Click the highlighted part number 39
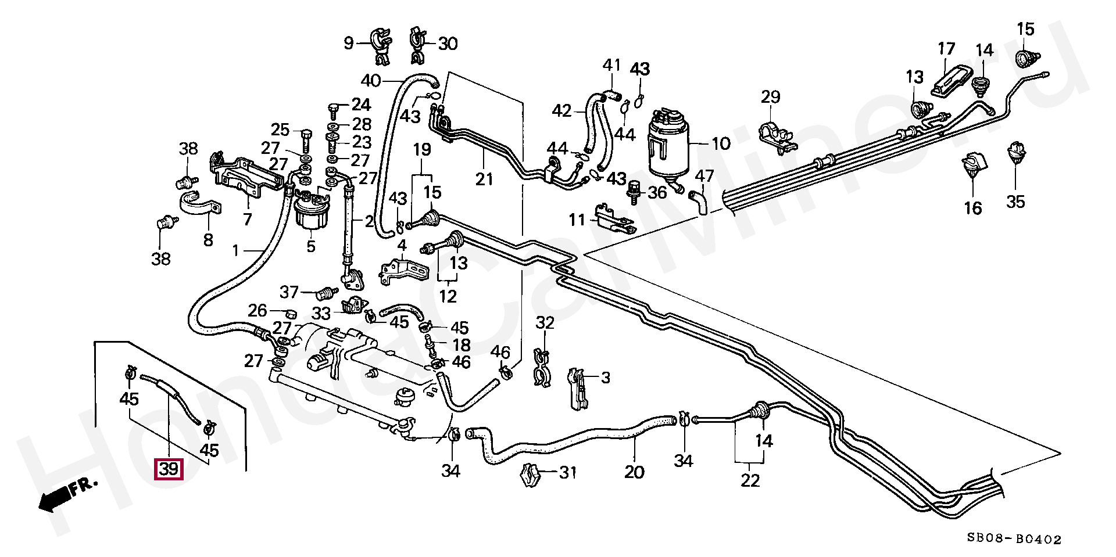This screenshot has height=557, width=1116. [168, 469]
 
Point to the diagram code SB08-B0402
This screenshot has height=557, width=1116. [1014, 540]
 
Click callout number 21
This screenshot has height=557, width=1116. [484, 179]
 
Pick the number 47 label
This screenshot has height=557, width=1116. [704, 176]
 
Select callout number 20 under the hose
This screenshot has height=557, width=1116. [634, 472]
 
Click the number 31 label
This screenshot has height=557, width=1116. [568, 473]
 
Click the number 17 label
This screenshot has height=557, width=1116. [946, 49]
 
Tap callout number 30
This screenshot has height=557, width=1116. [448, 44]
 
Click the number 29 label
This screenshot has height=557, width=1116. [770, 97]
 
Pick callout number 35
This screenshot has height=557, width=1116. [1015, 202]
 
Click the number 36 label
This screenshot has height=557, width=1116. [657, 192]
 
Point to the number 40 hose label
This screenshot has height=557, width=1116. [371, 80]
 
